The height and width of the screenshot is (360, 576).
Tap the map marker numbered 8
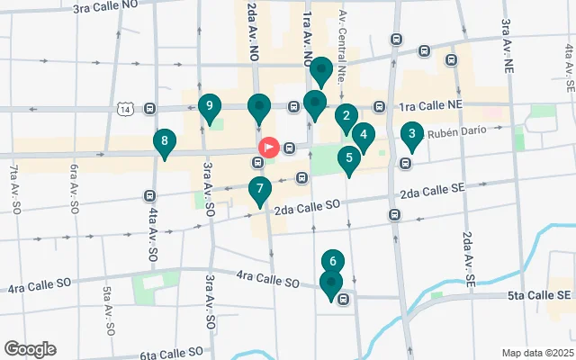pyautogui.click(x=164, y=142)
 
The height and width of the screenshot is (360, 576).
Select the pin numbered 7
pyautogui.click(x=259, y=191)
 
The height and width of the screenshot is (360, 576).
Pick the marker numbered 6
pyautogui.click(x=333, y=263)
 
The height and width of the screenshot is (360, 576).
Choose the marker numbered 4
pyautogui.click(x=363, y=137)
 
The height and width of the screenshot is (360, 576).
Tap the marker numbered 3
pyautogui.click(x=411, y=136)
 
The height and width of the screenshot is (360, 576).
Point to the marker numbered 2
pyautogui.click(x=346, y=117)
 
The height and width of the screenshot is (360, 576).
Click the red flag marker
pyautogui.click(x=269, y=147)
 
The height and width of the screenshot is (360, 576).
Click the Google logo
pyautogui.click(x=30, y=349)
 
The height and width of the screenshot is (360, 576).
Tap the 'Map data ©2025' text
pyautogui.click(x=536, y=353)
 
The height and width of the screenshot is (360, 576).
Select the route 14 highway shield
pyautogui.click(x=124, y=109)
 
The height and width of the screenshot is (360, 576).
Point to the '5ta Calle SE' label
pyautogui.click(x=539, y=295)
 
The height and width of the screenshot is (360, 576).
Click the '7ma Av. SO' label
pyautogui.click(x=16, y=188)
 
